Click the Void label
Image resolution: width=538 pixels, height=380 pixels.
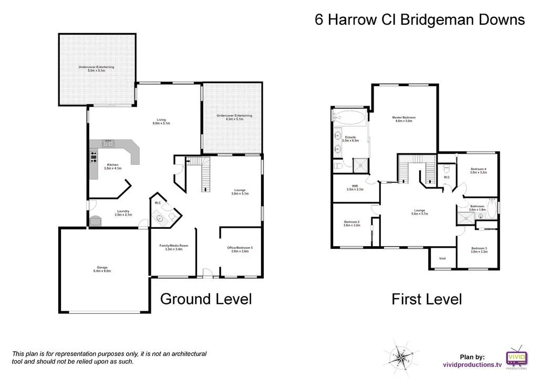click(x=442, y=258)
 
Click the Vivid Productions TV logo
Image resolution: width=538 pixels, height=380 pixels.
click(x=516, y=357)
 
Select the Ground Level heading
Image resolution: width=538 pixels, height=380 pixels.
click(x=205, y=299)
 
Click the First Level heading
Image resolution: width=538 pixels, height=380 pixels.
click(x=427, y=300)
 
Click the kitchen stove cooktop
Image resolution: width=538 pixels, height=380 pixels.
click(x=94, y=157)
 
